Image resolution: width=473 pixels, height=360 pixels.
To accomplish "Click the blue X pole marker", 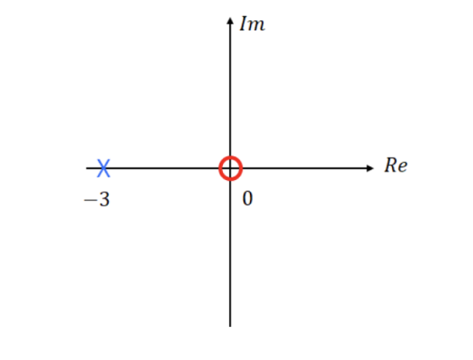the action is pos(103,168).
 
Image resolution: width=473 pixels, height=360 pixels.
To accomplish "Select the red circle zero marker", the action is pos(231,157).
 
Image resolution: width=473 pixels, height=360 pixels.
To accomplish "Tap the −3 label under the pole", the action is pos(97,199).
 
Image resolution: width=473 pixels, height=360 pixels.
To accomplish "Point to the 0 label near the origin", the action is pos(247,199).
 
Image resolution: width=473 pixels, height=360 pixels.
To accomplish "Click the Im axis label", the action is pos(253,24).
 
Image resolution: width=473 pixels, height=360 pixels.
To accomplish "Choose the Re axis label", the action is pos(396,166).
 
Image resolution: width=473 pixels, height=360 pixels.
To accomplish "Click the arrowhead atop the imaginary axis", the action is pos(230,21).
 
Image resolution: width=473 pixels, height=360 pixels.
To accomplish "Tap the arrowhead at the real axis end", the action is pos(370,168).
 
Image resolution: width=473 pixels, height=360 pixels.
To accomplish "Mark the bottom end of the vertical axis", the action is pos(230,326).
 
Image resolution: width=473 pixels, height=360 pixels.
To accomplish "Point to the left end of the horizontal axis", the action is pos(86,168).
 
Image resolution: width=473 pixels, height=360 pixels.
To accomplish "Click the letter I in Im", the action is pos(243,24).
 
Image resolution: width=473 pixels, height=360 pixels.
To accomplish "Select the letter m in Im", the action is pos(257,25).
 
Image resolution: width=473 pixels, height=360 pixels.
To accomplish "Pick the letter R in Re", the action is pos(390,165).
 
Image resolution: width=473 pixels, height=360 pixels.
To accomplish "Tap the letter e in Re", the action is pos(403,167).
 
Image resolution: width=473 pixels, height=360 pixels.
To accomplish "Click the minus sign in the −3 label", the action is pos(90,200).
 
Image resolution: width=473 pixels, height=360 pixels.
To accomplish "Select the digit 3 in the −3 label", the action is pos(105,199).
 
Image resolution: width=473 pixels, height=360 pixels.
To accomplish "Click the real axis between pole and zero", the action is pos(165,168).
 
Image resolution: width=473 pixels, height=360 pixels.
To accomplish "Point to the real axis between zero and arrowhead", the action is pos(304,168).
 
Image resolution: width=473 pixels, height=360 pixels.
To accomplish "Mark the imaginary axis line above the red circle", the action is pos(230,90).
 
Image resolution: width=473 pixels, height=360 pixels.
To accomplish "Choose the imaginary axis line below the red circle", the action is pos(230,254).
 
